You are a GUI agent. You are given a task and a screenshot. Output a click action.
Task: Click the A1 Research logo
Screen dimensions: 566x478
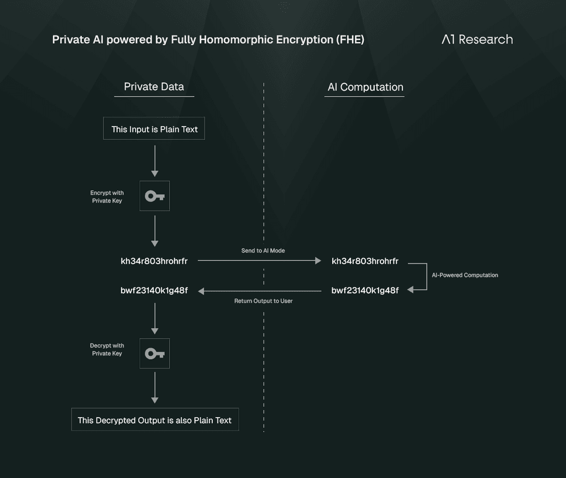tap(477, 39)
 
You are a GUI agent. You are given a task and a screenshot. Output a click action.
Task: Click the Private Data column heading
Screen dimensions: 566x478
tap(154, 87)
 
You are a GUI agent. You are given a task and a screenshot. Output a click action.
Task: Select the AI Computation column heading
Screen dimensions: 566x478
tap(365, 87)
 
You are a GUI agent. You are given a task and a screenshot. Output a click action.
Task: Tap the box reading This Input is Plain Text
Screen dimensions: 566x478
tap(154, 128)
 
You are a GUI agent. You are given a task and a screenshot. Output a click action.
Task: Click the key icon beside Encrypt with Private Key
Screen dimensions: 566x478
tap(155, 196)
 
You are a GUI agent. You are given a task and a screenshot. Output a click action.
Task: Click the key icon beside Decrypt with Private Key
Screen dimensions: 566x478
tap(155, 354)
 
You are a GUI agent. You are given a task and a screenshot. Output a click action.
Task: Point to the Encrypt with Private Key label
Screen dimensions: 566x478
tap(107, 197)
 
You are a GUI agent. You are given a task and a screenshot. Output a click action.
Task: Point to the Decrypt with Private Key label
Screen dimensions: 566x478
tap(107, 350)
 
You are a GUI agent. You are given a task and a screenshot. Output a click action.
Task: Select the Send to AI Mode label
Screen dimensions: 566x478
tap(263, 250)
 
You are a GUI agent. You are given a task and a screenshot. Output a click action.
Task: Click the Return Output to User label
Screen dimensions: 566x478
tap(263, 301)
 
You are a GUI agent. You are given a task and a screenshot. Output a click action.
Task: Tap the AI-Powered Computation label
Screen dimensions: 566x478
tap(465, 275)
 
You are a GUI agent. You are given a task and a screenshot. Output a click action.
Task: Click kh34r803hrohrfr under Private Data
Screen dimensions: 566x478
tap(154, 261)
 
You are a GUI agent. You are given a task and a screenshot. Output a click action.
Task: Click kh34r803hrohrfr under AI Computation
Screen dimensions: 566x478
tap(365, 261)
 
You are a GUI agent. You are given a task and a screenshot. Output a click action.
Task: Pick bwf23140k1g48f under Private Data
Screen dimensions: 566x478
tap(154, 291)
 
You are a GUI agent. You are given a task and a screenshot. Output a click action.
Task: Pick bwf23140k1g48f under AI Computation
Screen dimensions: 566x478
tap(365, 291)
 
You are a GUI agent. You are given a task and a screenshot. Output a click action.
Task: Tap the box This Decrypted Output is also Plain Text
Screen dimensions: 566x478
tap(155, 419)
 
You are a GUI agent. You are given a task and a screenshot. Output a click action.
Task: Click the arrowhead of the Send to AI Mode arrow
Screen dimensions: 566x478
tap(318, 260)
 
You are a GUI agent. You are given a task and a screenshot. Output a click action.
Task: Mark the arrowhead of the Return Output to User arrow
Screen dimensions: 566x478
tap(201, 291)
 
